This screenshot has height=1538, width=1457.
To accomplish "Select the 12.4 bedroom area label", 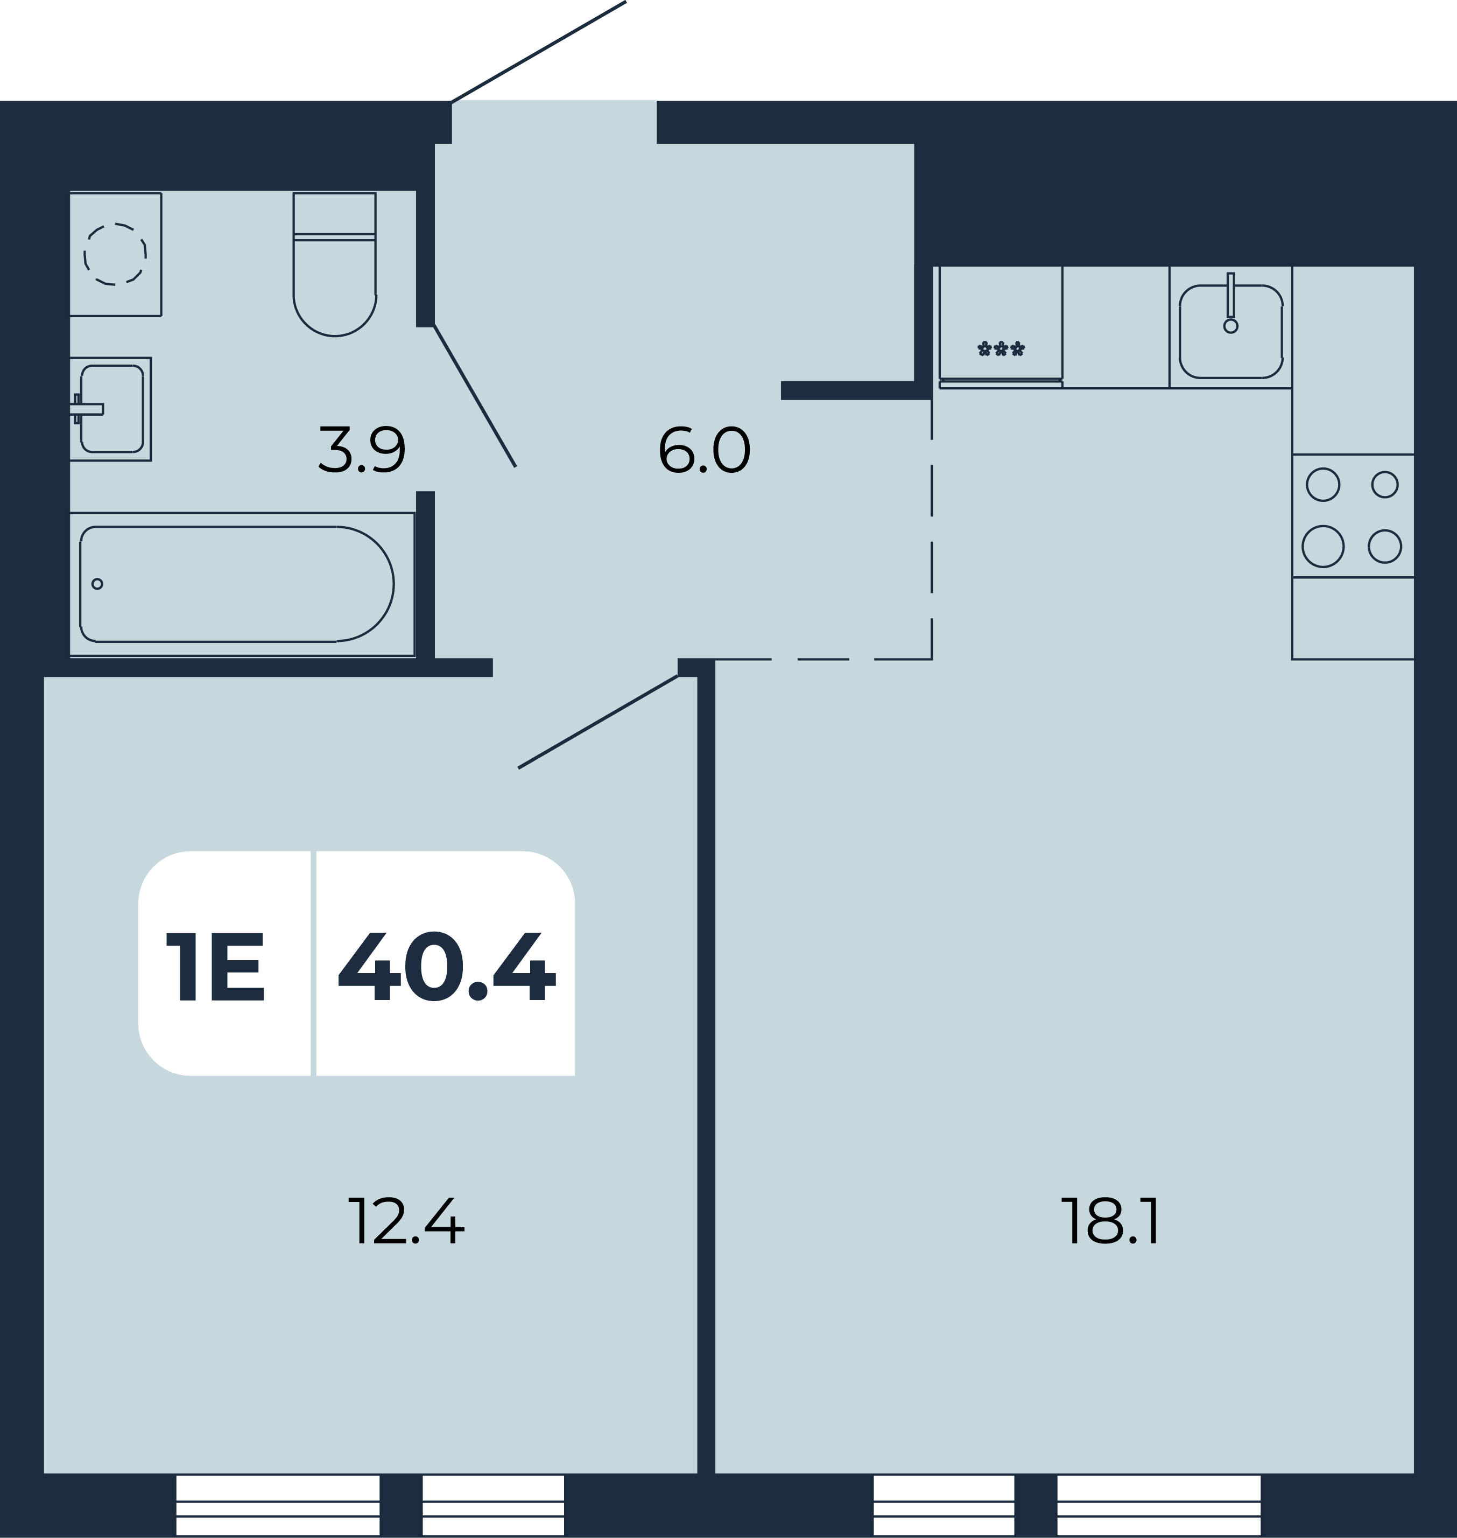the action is pyautogui.click(x=405, y=1221).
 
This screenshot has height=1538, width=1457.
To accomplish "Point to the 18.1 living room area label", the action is pyautogui.click(x=1110, y=1221).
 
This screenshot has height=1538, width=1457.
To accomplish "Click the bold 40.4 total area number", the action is pyautogui.click(x=447, y=966).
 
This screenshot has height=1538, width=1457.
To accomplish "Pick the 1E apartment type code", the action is pyautogui.click(x=215, y=966).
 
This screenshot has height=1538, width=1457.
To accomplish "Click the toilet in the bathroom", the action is pyautogui.click(x=335, y=264).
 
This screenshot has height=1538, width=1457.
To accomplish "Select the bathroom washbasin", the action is pyautogui.click(x=110, y=409).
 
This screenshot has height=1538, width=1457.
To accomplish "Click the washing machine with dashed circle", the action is pyautogui.click(x=115, y=254).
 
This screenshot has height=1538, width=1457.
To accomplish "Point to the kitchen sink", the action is pyautogui.click(x=1231, y=331).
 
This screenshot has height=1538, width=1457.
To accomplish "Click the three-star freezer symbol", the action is pyautogui.click(x=1001, y=349).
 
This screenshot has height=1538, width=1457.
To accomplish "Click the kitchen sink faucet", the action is pyautogui.click(x=1230, y=302).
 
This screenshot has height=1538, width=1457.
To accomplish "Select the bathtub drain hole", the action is pyautogui.click(x=97, y=584).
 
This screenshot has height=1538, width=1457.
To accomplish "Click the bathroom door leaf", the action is pyautogui.click(x=475, y=396).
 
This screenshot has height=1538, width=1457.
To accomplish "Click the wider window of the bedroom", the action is pyautogui.click(x=278, y=1505).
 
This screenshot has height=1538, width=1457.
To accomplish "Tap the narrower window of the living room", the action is pyautogui.click(x=944, y=1505).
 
